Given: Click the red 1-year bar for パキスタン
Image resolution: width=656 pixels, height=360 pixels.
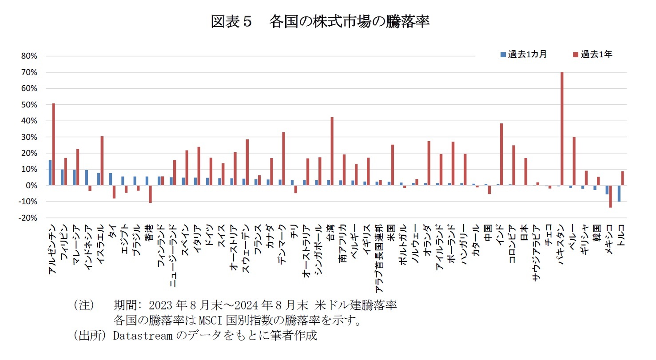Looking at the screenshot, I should (562, 129).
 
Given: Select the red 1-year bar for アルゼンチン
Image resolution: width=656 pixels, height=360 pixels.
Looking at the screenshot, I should (54, 144).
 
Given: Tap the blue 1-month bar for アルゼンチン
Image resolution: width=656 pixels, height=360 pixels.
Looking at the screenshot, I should (50, 173).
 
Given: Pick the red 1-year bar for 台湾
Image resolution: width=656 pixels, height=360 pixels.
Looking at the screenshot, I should (332, 151).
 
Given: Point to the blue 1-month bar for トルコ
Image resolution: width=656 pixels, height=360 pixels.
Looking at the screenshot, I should (619, 194).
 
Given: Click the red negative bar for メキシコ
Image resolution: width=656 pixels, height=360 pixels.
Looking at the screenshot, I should (610, 196).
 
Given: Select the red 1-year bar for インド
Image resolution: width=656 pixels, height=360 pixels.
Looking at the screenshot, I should (501, 154).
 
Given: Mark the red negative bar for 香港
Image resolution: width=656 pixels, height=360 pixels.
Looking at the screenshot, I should (150, 194).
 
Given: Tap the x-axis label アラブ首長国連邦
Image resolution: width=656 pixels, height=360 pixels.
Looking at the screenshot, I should (379, 257).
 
